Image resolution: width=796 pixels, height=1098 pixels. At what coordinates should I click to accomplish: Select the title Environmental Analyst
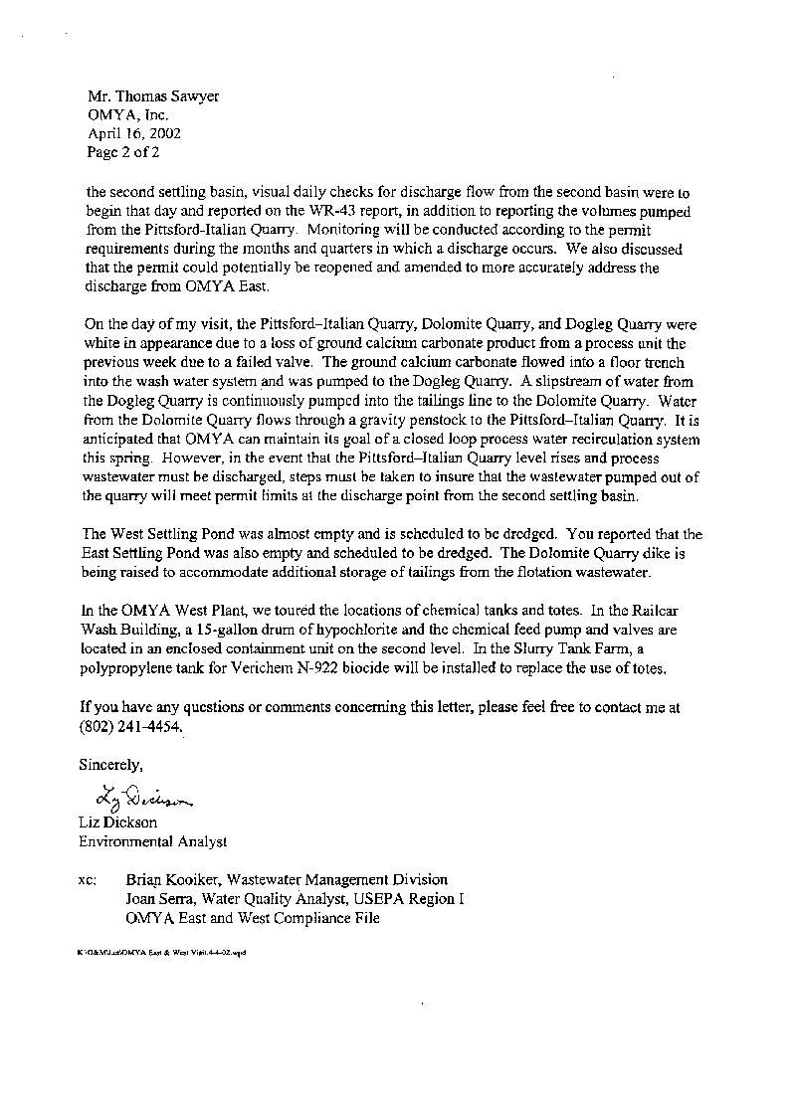(153, 841)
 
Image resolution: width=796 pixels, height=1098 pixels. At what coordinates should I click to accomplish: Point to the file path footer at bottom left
(160, 952)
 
